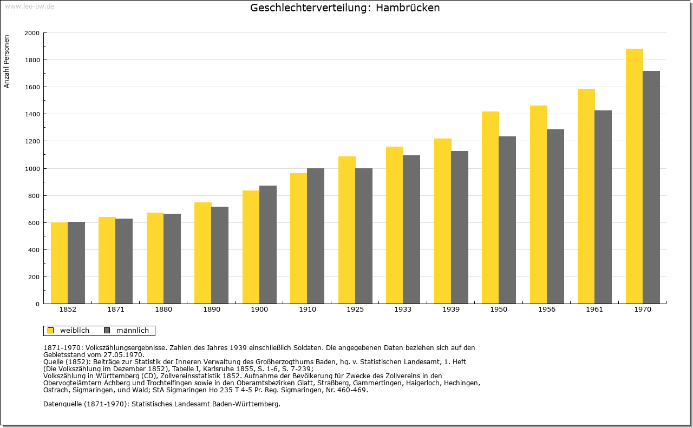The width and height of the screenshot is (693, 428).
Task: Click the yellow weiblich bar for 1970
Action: pos(634,176)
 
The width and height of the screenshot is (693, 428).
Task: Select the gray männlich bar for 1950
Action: pos(507,220)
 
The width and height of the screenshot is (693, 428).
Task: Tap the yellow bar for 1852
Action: pos(60,263)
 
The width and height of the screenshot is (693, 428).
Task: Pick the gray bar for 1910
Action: pos(316,236)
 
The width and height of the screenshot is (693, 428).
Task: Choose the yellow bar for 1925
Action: pos(347,230)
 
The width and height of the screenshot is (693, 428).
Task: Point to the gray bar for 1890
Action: pos(220,255)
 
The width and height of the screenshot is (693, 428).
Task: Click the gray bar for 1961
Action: pos(603,207)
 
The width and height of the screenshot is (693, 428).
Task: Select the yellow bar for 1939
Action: pos(443,221)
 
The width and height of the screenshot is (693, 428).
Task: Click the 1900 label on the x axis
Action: pos(259,310)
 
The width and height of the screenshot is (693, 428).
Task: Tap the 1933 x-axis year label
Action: pos(403,310)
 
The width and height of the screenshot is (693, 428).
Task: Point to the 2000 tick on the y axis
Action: pos(32,33)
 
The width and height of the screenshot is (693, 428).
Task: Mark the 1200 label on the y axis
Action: pos(32,141)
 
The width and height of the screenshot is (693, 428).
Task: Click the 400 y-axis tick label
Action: pos(34,250)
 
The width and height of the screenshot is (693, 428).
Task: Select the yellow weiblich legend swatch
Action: pos(51,331)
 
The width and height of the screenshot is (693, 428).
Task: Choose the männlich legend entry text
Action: pos(133,330)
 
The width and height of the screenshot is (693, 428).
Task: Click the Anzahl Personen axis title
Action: pos(6,62)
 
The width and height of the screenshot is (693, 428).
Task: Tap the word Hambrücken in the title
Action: pos(408,8)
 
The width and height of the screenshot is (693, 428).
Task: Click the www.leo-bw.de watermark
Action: pos(29,6)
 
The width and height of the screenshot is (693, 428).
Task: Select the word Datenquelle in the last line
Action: pos(62,404)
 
